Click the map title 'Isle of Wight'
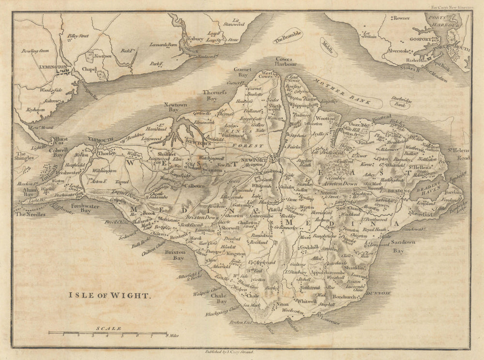(109, 294)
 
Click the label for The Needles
(30, 214)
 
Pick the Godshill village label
(310, 247)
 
